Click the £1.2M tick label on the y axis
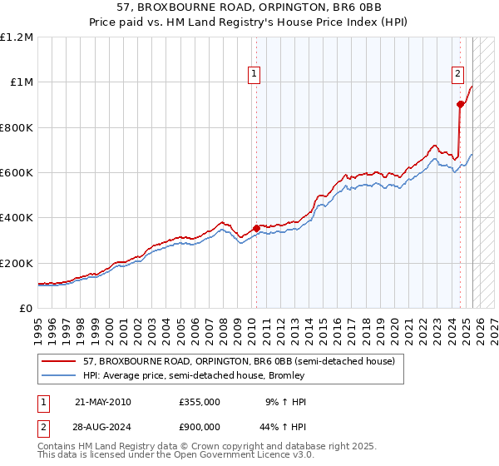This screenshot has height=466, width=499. (17, 37)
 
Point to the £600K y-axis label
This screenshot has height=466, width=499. (17, 173)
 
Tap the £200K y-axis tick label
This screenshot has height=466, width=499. (17, 263)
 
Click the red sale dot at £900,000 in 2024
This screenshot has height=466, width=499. (460, 105)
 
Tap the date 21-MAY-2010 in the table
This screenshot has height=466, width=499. (102, 402)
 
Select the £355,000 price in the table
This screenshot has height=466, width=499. (200, 402)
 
